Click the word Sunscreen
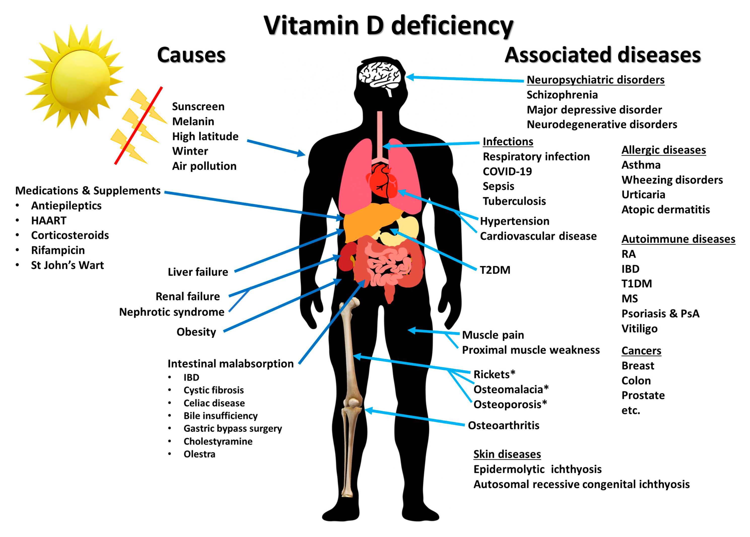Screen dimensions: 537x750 click(198, 107)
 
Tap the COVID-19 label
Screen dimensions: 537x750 click(507, 172)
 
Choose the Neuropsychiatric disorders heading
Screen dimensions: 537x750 click(595, 80)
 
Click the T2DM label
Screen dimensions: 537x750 click(495, 270)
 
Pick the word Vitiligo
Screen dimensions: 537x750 click(639, 328)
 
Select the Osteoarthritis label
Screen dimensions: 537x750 click(503, 425)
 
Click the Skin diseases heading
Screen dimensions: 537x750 click(507, 454)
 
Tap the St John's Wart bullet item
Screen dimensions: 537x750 click(67, 265)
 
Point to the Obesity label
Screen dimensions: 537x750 click(196, 332)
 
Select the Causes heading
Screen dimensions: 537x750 click(191, 55)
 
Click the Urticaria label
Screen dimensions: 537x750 click(643, 195)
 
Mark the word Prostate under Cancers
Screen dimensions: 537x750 click(643, 395)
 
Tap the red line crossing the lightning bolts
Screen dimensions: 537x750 click(138, 126)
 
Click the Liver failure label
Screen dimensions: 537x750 click(198, 272)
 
